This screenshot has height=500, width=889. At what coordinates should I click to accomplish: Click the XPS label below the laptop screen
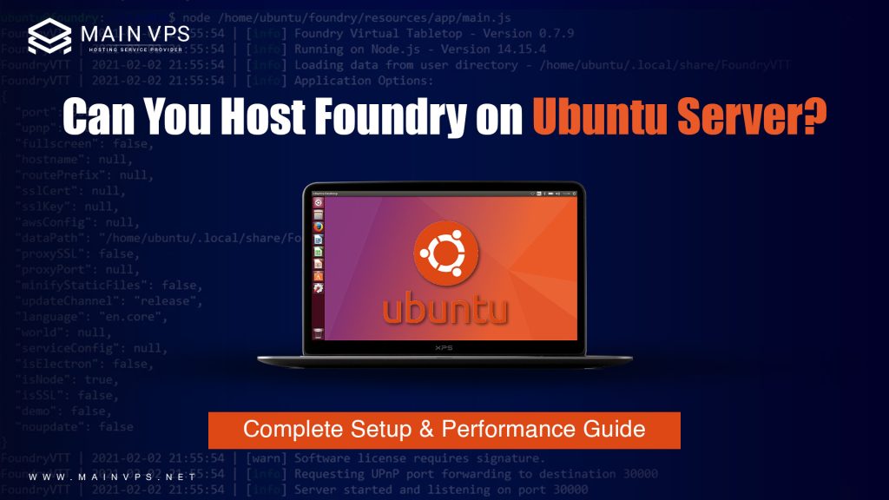click(x=444, y=347)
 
